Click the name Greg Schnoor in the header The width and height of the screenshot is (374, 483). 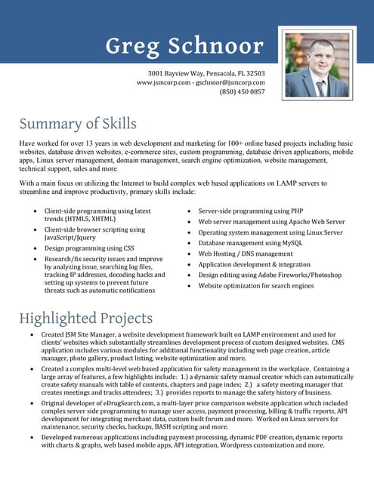pyautogui.click(x=185, y=46)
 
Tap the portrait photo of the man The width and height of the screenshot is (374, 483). pyautogui.click(x=317, y=66)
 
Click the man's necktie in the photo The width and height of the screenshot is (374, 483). pyautogui.click(x=320, y=88)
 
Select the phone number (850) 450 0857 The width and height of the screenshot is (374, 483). pyautogui.click(x=242, y=91)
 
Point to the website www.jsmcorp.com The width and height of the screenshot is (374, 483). pyautogui.click(x=162, y=82)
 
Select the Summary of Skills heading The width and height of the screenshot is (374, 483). pyautogui.click(x=78, y=123)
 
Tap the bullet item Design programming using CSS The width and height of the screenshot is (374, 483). pyautogui.click(x=89, y=248)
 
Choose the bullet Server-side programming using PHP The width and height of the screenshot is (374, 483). pyautogui.click(x=250, y=211)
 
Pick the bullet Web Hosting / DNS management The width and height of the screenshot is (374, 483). pyautogui.click(x=246, y=254)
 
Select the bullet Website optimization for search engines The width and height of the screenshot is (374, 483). pyautogui.click(x=255, y=285)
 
